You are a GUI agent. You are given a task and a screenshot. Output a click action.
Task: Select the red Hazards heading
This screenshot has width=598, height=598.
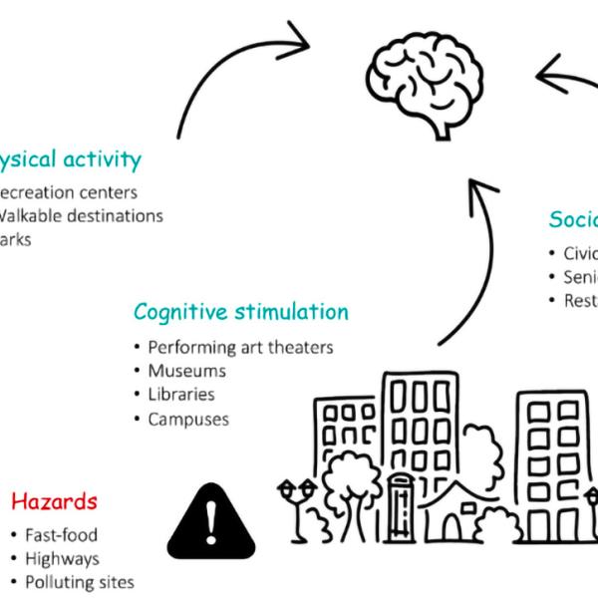pos(54,499)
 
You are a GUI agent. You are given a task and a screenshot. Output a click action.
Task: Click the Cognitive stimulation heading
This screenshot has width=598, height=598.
pos(241,312)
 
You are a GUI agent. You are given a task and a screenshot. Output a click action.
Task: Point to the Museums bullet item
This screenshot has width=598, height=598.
pos(186,371)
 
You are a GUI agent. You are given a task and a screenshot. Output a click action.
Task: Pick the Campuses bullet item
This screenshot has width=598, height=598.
pos(188,419)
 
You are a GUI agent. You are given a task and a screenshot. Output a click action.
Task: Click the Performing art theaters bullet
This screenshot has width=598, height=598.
pos(239,347)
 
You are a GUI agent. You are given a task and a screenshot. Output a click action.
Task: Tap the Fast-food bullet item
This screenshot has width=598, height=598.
pos(62,535)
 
